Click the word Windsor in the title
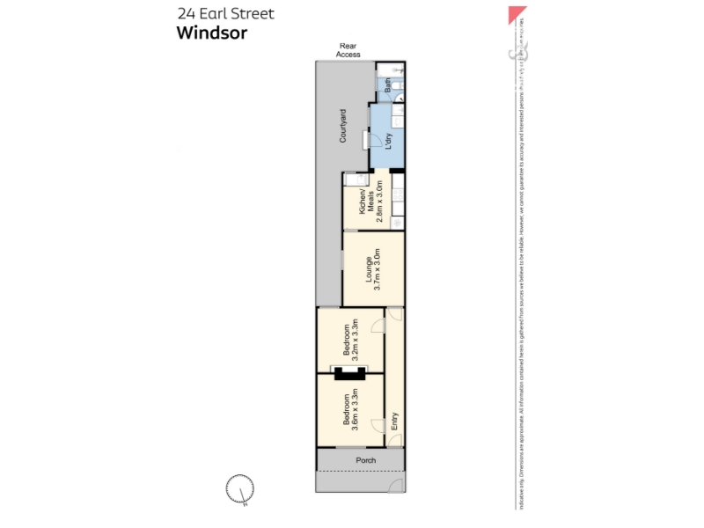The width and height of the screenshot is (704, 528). point(212,33)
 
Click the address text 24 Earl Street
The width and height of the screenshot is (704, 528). point(225,13)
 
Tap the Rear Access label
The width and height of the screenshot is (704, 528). point(348,50)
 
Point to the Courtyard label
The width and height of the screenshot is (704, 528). point(342,125)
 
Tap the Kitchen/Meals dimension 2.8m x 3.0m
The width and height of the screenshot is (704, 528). point(379,201)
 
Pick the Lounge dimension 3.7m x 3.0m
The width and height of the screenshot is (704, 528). point(378,269)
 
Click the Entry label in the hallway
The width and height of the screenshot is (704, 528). point(394,421)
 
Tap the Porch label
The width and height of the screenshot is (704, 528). point(365,460)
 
